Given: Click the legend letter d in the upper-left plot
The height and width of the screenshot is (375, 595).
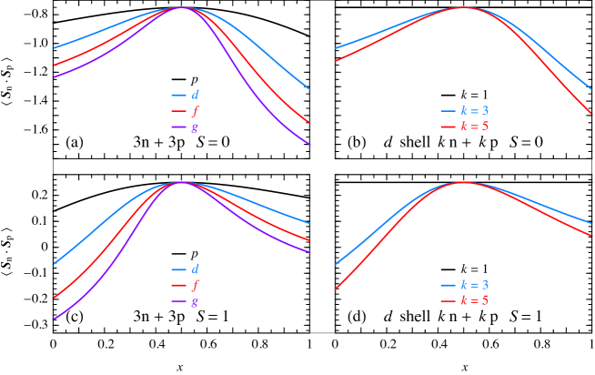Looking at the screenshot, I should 195,95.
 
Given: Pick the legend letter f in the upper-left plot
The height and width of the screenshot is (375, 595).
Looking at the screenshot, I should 195,111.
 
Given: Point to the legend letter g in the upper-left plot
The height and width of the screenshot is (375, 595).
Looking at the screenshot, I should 195,127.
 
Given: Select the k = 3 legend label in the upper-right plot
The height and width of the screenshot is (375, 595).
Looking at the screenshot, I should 474,111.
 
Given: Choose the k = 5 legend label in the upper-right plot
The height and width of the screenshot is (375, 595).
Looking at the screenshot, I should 474,127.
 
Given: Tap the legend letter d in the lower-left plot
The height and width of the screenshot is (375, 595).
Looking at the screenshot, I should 195,269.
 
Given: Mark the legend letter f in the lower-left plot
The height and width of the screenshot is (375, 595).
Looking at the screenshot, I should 195,286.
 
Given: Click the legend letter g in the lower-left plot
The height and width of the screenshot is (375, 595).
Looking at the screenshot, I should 195,302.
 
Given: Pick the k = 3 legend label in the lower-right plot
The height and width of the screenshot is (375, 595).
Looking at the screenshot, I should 474,285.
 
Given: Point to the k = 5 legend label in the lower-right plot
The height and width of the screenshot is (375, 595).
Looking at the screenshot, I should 474,300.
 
